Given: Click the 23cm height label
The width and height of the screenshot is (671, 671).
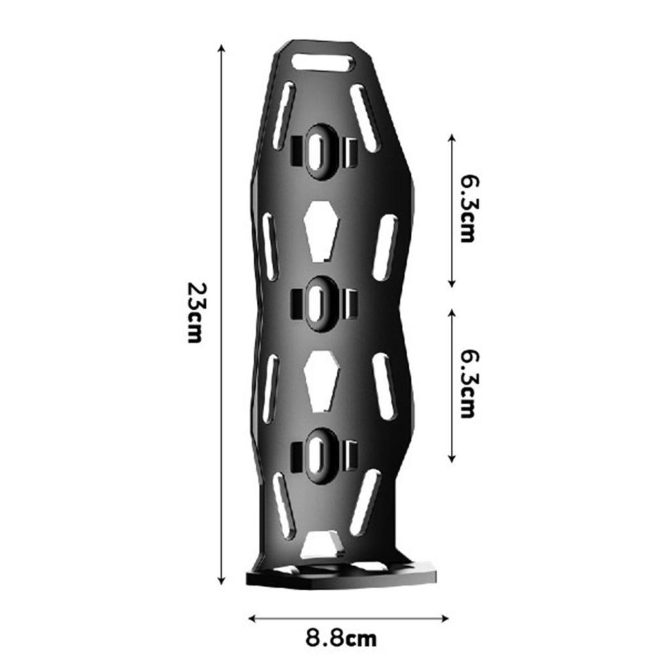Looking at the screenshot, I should pyautogui.click(x=197, y=313).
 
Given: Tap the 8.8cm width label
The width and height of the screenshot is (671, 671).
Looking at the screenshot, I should pyautogui.click(x=341, y=638).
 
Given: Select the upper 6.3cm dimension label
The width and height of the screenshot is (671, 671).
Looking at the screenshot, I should pyautogui.click(x=467, y=208).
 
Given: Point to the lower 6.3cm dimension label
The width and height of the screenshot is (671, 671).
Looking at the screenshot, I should pyautogui.click(x=467, y=383).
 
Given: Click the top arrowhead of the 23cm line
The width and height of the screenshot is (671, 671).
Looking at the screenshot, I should pyautogui.click(x=222, y=48).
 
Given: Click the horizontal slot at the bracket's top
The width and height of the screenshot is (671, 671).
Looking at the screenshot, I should pyautogui.click(x=322, y=63).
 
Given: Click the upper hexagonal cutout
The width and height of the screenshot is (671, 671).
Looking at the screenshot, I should pyautogui.click(x=321, y=231).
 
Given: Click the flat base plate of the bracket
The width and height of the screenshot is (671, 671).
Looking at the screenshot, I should pyautogui.click(x=341, y=577).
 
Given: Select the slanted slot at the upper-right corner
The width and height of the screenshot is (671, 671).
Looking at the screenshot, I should pyautogui.click(x=365, y=118).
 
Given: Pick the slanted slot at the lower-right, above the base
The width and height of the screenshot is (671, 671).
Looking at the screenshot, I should pyautogui.click(x=364, y=502).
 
